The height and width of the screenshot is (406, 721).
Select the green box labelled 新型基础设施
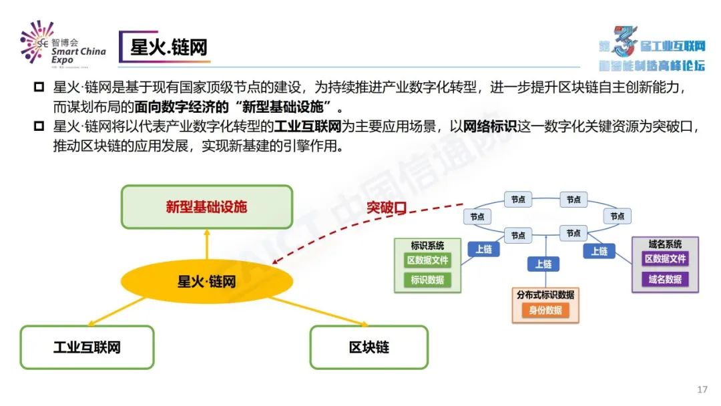[x=206, y=206]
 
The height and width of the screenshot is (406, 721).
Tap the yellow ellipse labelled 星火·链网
[x=206, y=281]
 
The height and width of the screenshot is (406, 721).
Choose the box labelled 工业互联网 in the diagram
[x=87, y=347]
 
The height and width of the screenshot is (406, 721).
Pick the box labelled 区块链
[x=369, y=347]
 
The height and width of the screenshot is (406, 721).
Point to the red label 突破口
[x=386, y=207]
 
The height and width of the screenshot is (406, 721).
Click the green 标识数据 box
[x=427, y=280]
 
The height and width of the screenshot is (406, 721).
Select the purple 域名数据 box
[x=665, y=279]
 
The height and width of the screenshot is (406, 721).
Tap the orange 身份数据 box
[x=545, y=310]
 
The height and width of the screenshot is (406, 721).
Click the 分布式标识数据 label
[x=545, y=294]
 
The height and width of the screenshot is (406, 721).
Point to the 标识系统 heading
[x=427, y=245]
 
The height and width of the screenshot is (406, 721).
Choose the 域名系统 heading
[x=665, y=244]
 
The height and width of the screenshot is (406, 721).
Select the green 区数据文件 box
[x=427, y=260]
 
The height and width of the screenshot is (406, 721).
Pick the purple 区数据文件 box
[x=665, y=259]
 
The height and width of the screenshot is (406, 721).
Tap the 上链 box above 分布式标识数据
[x=543, y=264]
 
